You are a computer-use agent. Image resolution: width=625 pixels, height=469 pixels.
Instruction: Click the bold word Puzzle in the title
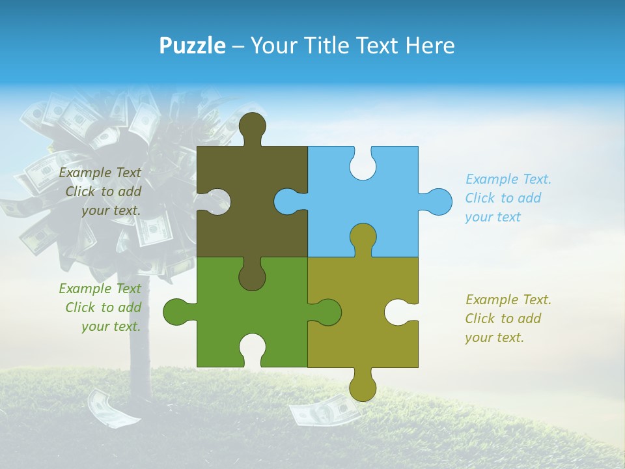(x=192, y=46)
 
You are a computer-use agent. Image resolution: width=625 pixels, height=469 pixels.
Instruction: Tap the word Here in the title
(x=430, y=46)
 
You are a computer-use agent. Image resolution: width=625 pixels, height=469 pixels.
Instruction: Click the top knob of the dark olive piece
(x=253, y=125)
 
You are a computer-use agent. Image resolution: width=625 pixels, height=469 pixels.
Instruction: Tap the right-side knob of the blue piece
(x=438, y=201)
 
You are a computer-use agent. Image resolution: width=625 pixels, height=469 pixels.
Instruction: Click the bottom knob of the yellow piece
(x=363, y=388)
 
